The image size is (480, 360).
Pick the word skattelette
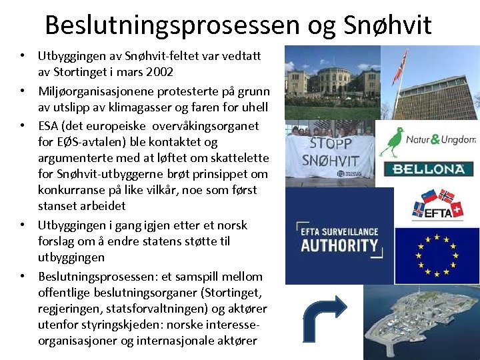[x=238, y=157]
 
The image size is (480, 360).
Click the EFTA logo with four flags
[x=436, y=205]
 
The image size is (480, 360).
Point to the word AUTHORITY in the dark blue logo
[x=339, y=245]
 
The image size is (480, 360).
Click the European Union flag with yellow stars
[x=436, y=255]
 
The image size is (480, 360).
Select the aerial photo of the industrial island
[x=420, y=323]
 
